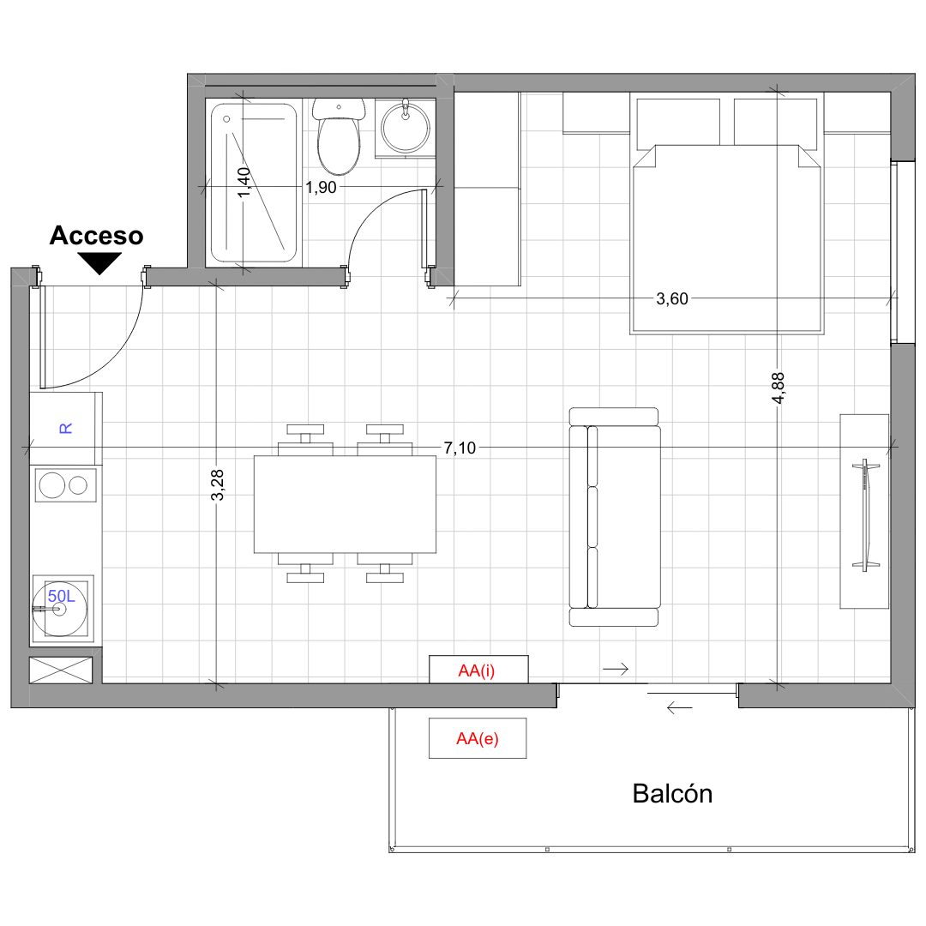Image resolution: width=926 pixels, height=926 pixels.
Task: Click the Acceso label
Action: tap(96, 236)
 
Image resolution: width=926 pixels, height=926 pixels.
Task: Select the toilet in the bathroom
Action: tap(339, 136)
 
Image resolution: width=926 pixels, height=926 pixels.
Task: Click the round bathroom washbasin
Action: tap(405, 128)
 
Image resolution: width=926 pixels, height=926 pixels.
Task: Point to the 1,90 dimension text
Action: tap(321, 187)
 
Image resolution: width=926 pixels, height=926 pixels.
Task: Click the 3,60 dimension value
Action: tap(672, 299)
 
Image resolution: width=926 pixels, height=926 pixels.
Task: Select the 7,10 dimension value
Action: tap(460, 448)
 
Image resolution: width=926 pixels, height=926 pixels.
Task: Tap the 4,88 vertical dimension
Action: tap(779, 388)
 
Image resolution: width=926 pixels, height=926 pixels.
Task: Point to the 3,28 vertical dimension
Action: tap(217, 484)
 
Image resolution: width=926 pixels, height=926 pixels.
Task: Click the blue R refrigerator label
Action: tap(65, 428)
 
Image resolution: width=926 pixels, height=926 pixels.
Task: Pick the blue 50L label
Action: tap(62, 596)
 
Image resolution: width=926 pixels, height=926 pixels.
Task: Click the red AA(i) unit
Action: tap(478, 670)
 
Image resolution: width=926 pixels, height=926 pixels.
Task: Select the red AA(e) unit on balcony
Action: tap(478, 738)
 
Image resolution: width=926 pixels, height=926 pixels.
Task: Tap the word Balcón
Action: tap(672, 794)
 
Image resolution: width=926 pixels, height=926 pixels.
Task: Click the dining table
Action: tap(345, 504)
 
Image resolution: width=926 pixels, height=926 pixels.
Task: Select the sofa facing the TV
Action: tap(614, 517)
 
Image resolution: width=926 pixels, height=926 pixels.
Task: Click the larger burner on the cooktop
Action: tap(52, 485)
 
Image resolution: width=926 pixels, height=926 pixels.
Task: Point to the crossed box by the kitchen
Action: tap(61, 670)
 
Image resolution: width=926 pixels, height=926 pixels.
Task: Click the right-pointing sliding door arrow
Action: tap(616, 669)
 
